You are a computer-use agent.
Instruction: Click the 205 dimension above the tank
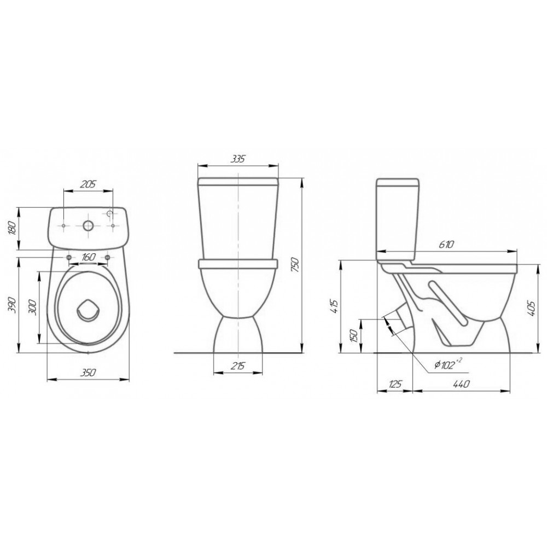88,184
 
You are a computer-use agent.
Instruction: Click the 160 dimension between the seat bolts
88,258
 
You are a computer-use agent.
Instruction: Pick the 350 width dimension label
88,373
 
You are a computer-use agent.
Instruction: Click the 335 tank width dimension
238,159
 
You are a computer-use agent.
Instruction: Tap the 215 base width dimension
238,366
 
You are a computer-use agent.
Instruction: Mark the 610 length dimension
446,244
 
